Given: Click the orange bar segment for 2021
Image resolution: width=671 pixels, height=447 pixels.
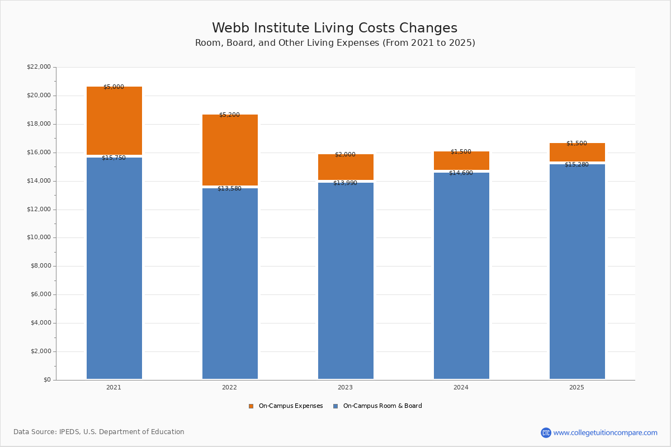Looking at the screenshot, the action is (x=114, y=121).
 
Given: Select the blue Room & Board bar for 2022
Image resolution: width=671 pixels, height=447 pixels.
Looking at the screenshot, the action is (x=230, y=283).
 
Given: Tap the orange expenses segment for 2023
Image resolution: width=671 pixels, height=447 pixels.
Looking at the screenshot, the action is (x=346, y=167).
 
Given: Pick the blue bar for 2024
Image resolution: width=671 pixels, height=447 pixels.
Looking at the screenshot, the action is (x=462, y=276).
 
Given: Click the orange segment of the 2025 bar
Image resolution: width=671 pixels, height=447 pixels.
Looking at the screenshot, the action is (x=577, y=152).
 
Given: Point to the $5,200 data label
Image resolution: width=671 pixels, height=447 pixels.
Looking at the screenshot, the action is (x=229, y=115).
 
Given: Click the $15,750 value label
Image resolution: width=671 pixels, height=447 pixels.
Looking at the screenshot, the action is (x=114, y=158).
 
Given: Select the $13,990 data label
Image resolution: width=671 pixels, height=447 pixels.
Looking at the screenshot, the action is (x=346, y=183).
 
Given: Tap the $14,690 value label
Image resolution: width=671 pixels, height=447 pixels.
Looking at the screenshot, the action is (x=461, y=173).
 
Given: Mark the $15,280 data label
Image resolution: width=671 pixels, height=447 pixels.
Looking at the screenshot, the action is (x=577, y=164).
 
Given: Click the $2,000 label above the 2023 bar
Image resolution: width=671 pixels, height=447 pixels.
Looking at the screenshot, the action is (x=345, y=154).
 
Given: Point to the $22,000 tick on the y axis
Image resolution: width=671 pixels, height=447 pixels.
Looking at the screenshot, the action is (x=39, y=66).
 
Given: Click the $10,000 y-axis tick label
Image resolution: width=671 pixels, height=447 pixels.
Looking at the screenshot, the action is (x=39, y=237).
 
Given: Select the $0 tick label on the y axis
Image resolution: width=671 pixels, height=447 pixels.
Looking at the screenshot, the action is (x=48, y=379).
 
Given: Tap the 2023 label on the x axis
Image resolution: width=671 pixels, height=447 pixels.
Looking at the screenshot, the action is (x=345, y=387).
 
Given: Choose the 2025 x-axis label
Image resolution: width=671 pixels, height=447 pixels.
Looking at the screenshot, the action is (x=577, y=387).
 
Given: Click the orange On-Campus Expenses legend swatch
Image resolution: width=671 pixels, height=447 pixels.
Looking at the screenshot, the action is (x=251, y=406).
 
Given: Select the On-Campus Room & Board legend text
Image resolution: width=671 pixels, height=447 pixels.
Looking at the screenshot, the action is (x=382, y=406).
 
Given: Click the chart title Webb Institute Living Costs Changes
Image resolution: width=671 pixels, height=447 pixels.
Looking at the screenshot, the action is (x=334, y=28).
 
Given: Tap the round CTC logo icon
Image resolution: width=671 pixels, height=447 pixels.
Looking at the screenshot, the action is (x=546, y=432).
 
